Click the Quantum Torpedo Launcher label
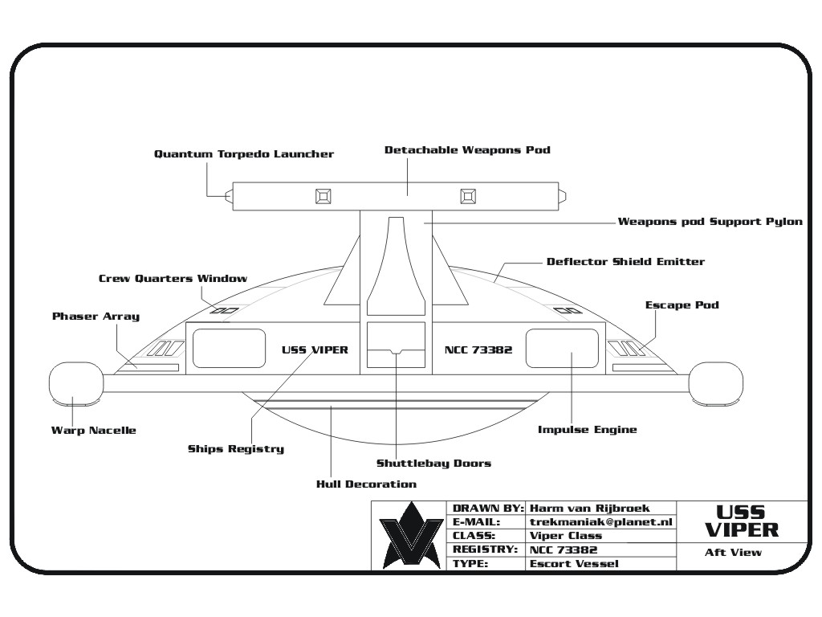[244, 154]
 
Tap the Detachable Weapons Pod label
[468, 150]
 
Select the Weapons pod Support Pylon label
[710, 222]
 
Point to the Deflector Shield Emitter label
[625, 261]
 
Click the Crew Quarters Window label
[173, 279]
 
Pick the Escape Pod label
[682, 305]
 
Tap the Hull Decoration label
[366, 484]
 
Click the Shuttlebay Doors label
[434, 464]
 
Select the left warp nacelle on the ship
[76, 383]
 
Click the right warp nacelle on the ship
[715, 383]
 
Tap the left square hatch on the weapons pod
[324, 196]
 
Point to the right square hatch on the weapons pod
[468, 196]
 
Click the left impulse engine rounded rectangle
[229, 349]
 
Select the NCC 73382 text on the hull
[478, 350]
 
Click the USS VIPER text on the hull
[315, 350]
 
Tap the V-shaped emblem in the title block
[412, 535]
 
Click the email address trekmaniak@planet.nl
[600, 522]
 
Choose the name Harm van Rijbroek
[590, 509]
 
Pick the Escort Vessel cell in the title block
[574, 564]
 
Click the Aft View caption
[734, 552]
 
